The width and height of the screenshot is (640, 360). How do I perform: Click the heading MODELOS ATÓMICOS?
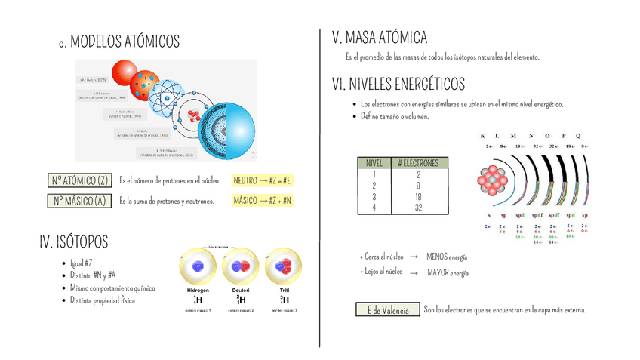tap(124, 41)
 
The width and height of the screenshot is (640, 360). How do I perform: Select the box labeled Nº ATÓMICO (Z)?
tap(79, 180)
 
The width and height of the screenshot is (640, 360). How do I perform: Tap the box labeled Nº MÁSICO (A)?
tap(79, 201)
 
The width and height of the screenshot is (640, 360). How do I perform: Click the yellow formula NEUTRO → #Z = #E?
tap(263, 180)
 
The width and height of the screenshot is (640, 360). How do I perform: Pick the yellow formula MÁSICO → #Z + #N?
tap(263, 201)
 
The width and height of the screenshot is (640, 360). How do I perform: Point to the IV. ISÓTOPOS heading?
tap(73, 242)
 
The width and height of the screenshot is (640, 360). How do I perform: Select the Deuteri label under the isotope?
tap(242, 291)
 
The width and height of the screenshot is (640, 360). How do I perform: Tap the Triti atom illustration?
tap(285, 267)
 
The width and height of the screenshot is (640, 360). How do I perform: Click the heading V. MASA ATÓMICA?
tap(380, 38)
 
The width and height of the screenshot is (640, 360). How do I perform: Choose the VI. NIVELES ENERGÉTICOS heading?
tap(398, 84)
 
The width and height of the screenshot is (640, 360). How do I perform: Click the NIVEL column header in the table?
tap(374, 163)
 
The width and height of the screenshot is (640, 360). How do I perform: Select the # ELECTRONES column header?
tap(418, 163)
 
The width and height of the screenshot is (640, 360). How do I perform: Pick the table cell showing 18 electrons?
tap(418, 196)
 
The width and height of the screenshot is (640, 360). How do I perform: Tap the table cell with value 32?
tap(418, 208)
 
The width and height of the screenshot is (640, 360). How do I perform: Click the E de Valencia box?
tap(387, 310)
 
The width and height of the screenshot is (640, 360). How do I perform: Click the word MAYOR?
tap(438, 272)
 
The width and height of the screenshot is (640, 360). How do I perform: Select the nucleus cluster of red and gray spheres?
tap(492, 180)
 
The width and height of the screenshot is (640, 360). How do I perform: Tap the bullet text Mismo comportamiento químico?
tap(112, 288)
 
